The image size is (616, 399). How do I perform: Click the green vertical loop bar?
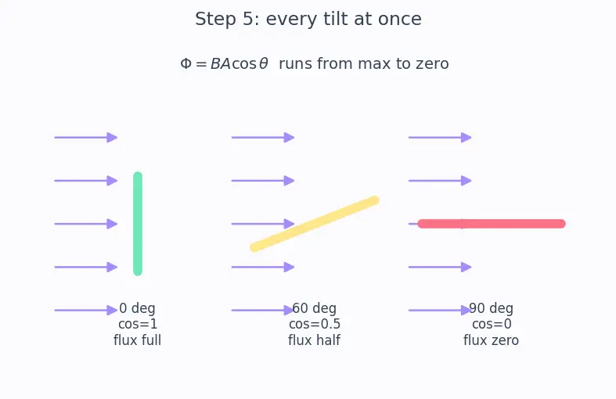point(138,224)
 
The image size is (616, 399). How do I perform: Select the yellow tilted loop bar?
point(315,224)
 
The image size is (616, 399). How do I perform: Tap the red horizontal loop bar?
point(492,224)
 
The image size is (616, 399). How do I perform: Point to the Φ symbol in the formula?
point(186,63)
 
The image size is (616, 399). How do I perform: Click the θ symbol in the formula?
point(264,63)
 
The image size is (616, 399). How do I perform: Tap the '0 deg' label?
point(137,308)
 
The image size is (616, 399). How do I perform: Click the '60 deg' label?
point(315,308)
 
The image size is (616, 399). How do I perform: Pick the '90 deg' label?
point(491,308)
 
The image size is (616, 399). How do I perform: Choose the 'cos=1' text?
point(138,324)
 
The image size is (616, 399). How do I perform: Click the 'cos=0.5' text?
point(315,324)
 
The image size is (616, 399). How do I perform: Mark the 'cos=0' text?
point(492,324)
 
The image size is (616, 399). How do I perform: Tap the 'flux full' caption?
point(137,340)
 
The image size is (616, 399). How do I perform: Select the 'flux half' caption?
point(314,340)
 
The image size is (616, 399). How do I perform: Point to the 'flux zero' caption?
point(491,340)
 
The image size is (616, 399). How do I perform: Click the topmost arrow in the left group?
point(86,138)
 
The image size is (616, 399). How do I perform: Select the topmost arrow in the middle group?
point(263,138)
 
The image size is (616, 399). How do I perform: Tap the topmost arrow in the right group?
point(440,138)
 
